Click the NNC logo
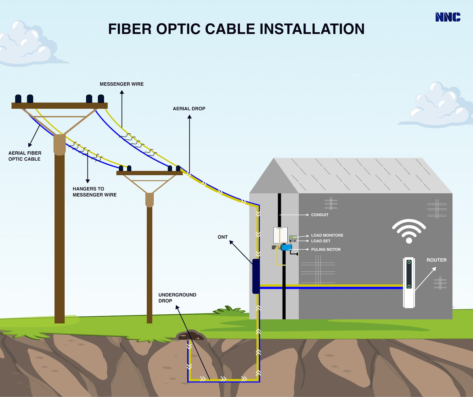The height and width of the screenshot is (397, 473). coord(448,17)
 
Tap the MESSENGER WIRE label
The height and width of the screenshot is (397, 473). coord(121,84)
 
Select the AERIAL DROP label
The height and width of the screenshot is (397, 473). coord(189,108)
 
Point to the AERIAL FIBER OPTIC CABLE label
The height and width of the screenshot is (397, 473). coord(25,156)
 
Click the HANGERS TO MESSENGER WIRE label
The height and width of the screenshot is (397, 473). coord(95,192)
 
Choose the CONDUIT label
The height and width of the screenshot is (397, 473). coord(320,215)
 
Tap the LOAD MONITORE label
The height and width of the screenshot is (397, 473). coord(327,235)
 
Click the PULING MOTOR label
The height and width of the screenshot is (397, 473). coord(326,249)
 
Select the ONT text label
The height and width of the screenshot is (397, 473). coord(223,237)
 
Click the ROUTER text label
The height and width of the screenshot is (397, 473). coord(436,260)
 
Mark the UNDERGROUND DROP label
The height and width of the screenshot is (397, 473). coord(172,298)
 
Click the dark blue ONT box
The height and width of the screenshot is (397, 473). coord(256,276)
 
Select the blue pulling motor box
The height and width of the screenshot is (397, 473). coord(286,247)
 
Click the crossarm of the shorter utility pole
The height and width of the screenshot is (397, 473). coord(149,173)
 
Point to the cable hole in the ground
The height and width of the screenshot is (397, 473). coord(190,336)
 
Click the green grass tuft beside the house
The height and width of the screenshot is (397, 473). coord(229,311)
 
